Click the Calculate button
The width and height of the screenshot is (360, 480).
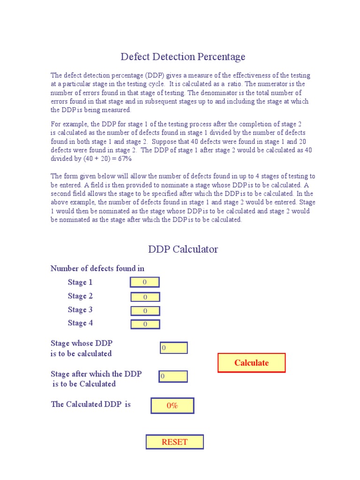coord(251,363)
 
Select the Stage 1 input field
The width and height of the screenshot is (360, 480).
coord(145,282)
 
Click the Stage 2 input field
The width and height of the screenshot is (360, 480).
coord(145,297)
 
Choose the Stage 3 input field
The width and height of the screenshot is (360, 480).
coord(145,311)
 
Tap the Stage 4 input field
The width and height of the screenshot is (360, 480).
coord(145,324)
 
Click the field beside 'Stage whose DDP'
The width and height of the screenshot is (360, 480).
coord(173,348)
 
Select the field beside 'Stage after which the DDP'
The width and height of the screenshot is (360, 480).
coord(173,376)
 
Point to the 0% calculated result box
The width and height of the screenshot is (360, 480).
coord(172,406)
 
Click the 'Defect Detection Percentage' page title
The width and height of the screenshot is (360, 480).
coord(183,57)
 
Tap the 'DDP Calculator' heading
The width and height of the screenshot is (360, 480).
coord(183,249)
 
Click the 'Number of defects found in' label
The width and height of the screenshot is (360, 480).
coord(97,269)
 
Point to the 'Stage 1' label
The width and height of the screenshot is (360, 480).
coord(80,282)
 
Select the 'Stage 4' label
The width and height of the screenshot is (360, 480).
coord(80,323)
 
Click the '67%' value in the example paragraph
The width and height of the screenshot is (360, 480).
coord(124,159)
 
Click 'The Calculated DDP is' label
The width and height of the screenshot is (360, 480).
coord(90,404)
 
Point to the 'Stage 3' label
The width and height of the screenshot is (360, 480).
coord(80,309)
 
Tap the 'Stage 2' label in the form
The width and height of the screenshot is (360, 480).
coord(80,296)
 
